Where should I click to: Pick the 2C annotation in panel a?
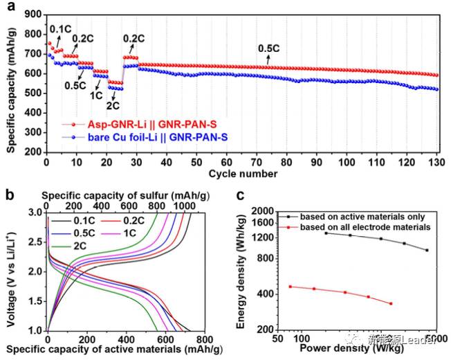[x=112, y=105]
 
